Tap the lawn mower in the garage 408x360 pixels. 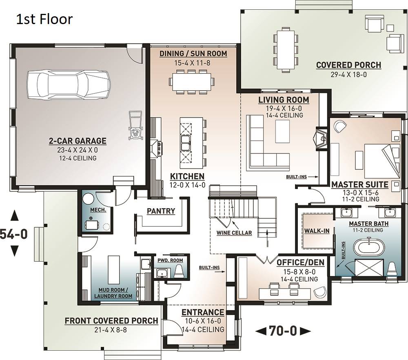click(x=135, y=126)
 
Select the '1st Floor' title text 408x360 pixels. click(x=44, y=19)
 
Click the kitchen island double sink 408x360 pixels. click(x=186, y=143)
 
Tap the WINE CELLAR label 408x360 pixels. click(x=234, y=233)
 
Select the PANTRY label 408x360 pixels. click(x=161, y=211)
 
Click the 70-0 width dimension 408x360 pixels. click(x=283, y=331)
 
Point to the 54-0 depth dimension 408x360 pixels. click(x=14, y=234)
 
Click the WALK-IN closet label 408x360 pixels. click(x=317, y=231)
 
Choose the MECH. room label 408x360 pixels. click(x=98, y=210)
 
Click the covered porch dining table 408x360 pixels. click(x=286, y=50)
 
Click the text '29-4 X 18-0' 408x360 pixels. click(x=349, y=74)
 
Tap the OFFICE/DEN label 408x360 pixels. click(x=300, y=262)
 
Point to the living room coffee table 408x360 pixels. click(x=282, y=132)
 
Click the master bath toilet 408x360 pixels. click(x=391, y=269)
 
